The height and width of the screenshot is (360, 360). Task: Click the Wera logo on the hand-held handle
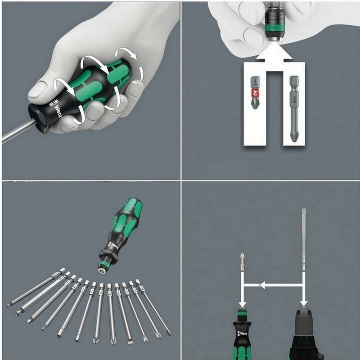[x=55, y=104]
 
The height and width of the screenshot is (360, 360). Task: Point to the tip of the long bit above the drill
[x=304, y=211]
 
